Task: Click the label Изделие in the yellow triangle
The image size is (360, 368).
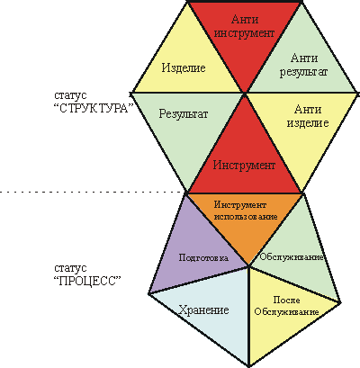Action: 184,67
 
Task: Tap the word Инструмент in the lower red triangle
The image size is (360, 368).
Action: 244,165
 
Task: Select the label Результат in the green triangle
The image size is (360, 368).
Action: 184,114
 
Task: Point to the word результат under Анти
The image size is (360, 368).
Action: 303,72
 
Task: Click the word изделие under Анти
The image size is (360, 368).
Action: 308,122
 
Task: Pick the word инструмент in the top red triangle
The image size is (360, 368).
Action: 245,32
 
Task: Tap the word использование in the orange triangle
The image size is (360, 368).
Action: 245,216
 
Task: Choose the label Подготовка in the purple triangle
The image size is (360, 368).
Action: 203,257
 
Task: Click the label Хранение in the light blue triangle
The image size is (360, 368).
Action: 203,310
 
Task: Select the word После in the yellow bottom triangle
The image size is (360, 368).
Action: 286,300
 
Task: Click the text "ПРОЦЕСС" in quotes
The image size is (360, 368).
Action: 88,281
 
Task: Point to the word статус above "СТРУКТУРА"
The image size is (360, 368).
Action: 70,95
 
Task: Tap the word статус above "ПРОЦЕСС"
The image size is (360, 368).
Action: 70,268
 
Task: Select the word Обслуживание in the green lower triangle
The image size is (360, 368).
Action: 292,257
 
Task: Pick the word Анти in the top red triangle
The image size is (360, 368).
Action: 245,20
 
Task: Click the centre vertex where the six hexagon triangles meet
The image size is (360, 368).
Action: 245,94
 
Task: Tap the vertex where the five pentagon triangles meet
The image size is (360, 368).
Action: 248,265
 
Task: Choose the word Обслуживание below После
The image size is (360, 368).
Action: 286,311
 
